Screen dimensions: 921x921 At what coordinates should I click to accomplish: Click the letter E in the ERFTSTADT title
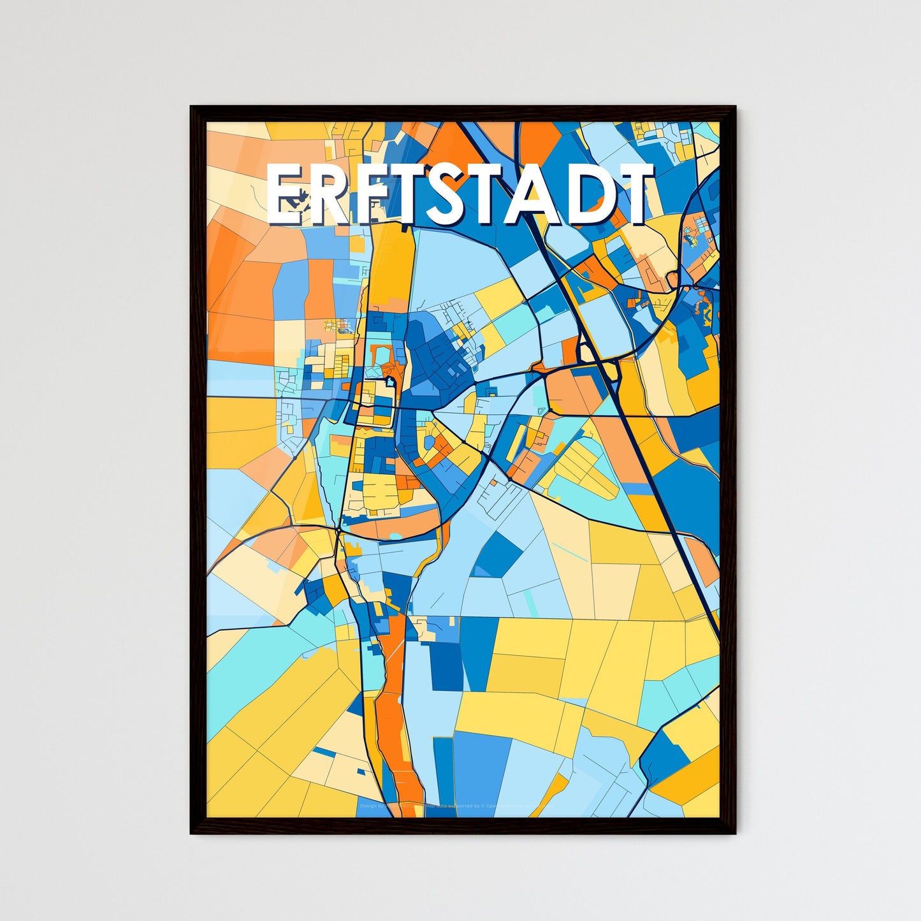(x=287, y=194)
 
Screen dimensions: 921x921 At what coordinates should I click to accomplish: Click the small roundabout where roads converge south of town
(x=337, y=530)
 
